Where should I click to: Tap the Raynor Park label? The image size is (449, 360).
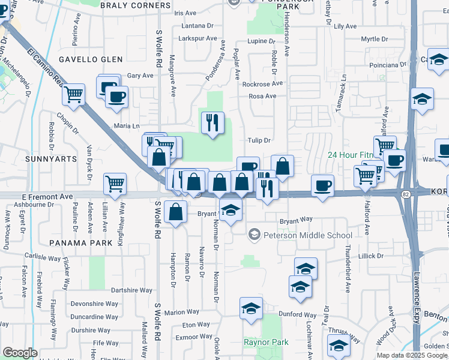(266, 343)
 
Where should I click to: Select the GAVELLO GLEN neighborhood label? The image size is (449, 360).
(91, 59)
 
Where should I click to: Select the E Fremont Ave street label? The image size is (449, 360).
(47, 196)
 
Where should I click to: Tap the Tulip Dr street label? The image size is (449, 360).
(260, 140)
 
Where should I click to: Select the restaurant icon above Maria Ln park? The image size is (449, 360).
(212, 124)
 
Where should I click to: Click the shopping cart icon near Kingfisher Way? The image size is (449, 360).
(115, 184)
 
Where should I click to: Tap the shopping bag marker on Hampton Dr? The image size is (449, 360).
(175, 212)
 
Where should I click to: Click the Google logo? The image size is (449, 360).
(20, 353)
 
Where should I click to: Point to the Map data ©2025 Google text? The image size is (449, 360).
(411, 355)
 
